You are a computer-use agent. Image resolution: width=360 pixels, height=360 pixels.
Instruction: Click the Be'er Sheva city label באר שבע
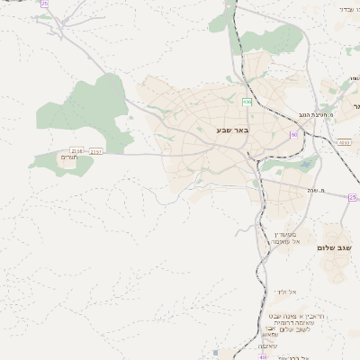pos(231,131)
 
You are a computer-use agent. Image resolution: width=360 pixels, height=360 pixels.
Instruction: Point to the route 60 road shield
pos(292,134)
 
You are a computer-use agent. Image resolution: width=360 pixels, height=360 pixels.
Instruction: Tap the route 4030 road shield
pos(344,141)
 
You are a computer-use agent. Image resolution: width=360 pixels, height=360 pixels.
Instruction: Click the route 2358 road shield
pos(76,150)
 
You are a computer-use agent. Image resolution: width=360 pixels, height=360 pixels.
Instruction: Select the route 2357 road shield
pos(96,151)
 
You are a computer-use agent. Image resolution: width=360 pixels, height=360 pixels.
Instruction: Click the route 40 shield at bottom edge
pos(263,356)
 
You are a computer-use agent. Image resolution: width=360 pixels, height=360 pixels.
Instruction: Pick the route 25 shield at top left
pos(44,4)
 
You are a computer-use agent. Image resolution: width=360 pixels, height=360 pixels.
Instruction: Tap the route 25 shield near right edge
pos(353,196)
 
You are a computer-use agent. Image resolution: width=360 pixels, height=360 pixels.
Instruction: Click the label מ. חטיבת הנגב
pos(319,114)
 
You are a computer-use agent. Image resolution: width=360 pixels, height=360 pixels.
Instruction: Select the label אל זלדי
pos(287,292)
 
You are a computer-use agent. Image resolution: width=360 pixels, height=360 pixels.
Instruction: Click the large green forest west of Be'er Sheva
pos(85,103)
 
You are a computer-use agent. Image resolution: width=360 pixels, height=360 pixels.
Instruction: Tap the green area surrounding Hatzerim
pos(52,163)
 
